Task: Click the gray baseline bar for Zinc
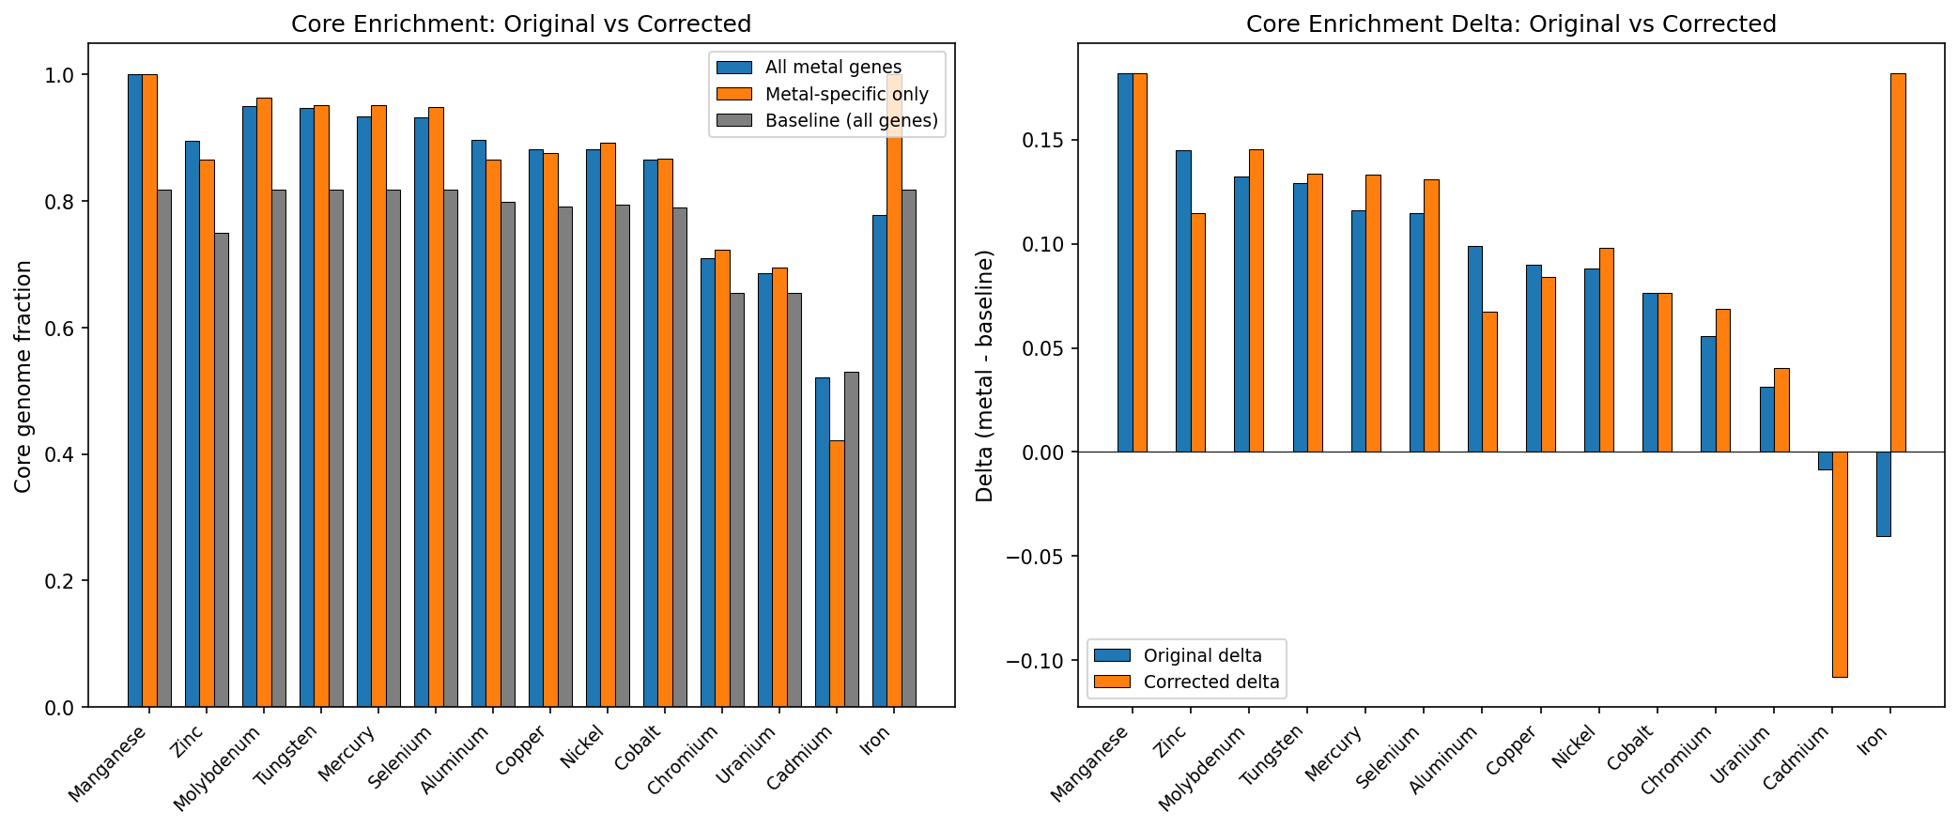[x=222, y=469]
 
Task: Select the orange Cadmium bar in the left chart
[x=837, y=573]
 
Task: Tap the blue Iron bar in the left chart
[x=880, y=460]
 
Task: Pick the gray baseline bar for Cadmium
[x=851, y=540]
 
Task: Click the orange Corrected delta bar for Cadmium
[x=1840, y=563]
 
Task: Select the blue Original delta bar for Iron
[x=1883, y=494]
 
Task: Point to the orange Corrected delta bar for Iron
[x=1898, y=263]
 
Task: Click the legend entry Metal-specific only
[x=845, y=94]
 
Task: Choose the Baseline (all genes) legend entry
[x=851, y=120]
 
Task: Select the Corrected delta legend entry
[x=1210, y=682]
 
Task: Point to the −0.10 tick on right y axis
[x=1036, y=661]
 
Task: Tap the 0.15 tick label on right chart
[x=1042, y=141]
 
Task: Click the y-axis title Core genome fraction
[x=23, y=376]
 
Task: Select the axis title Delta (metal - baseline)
[x=984, y=376]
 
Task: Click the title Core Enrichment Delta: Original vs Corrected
[x=1511, y=23]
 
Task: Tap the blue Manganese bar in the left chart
[x=135, y=391]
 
